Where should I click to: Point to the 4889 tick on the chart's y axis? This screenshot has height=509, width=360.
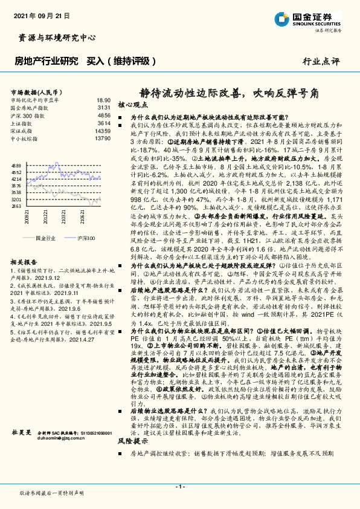(17, 164)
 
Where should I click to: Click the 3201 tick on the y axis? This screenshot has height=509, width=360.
(17, 198)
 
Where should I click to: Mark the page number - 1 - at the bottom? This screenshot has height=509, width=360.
(179, 487)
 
